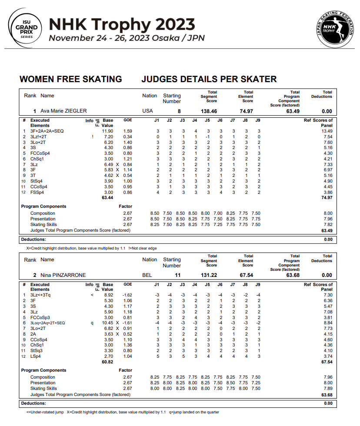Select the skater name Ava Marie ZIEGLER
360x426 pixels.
pyautogui.click(x=64, y=111)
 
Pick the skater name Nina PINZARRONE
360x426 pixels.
pyautogui.click(x=63, y=275)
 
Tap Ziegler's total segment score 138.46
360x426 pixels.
pyautogui.click(x=209, y=111)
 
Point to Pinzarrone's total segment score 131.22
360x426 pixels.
pyautogui.click(x=209, y=275)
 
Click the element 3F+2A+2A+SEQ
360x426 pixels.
pyautogui.click(x=47, y=131)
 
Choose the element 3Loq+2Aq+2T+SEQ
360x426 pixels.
pyautogui.click(x=47, y=323)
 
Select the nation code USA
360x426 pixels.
pyautogui.click(x=148, y=111)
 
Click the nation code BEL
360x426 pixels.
pyautogui.click(x=147, y=275)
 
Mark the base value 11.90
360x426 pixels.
pyautogui.click(x=107, y=131)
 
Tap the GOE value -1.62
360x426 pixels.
pyautogui.click(x=128, y=295)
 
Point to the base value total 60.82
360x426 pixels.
pyautogui.click(x=107, y=362)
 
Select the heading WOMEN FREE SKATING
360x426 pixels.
pyautogui.click(x=71, y=79)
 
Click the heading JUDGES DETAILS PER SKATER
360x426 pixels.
pyautogui.click(x=209, y=79)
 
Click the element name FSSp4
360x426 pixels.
pyautogui.click(x=37, y=193)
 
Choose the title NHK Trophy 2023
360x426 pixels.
pyautogui.click(x=122, y=24)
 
